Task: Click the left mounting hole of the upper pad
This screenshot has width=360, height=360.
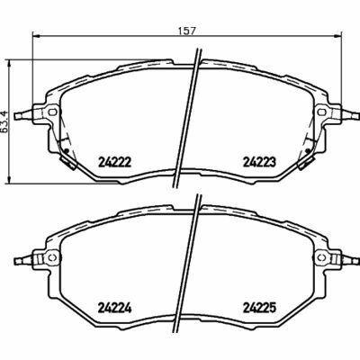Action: [x=52, y=112]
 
